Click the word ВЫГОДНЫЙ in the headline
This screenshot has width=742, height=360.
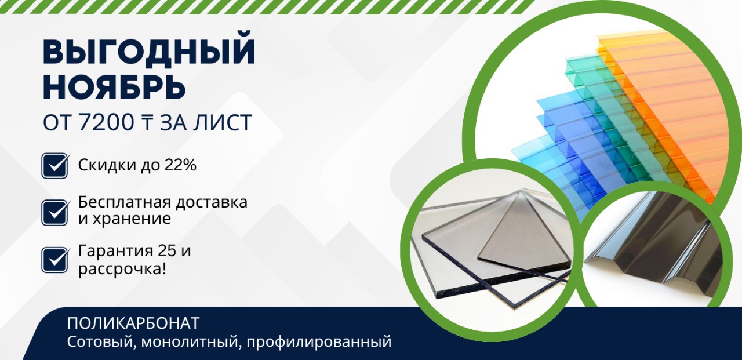(x=149, y=53)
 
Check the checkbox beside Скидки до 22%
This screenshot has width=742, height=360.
(x=56, y=165)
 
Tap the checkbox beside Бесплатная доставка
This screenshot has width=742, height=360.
(x=56, y=212)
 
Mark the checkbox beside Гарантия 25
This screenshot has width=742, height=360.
(x=56, y=260)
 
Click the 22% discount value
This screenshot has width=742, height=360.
(x=182, y=165)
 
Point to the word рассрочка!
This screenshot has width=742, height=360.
(x=122, y=269)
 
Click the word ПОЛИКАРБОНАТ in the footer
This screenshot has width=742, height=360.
(x=133, y=323)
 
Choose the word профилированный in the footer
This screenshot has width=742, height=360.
(x=319, y=341)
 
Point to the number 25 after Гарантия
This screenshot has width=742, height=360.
(x=167, y=252)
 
